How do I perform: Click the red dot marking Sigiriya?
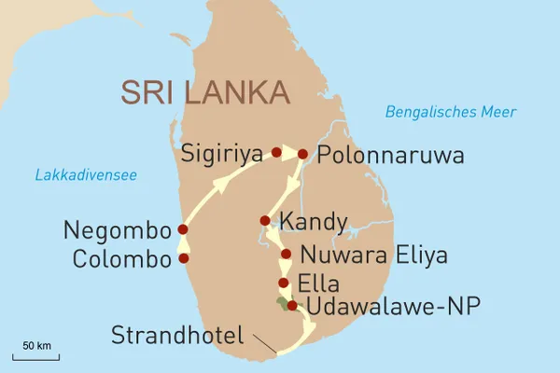pos(276,152)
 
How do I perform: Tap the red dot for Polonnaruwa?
pos(302,153)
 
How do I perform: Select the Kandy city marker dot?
pos(265,221)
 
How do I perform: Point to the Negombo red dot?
pos(183,229)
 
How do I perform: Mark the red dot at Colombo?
pos(184,258)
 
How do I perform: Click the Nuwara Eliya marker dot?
pos(286,254)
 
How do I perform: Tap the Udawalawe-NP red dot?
pos(292,306)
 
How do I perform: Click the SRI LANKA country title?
pos(206,94)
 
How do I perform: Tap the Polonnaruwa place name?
pos(390,154)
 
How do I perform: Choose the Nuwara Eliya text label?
pos(373,255)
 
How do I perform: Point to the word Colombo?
pos(119,258)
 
